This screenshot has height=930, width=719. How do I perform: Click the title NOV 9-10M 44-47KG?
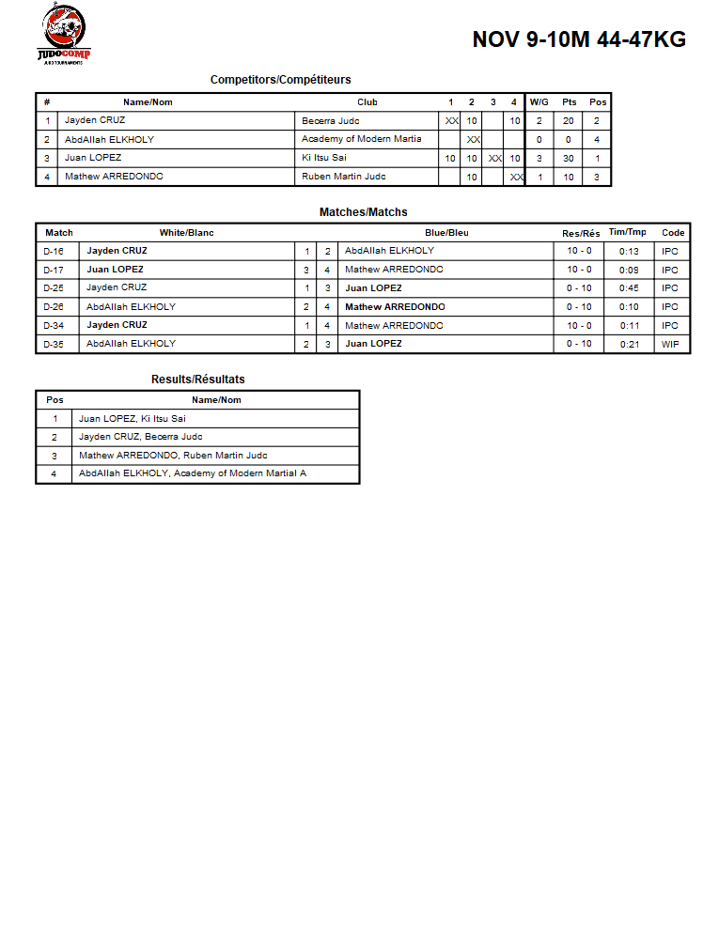pyautogui.click(x=578, y=39)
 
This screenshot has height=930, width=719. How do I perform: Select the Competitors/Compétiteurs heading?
pyautogui.click(x=280, y=80)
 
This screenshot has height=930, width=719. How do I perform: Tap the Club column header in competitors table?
pyautogui.click(x=367, y=102)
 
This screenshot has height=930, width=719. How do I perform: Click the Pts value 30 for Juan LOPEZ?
pyautogui.click(x=569, y=159)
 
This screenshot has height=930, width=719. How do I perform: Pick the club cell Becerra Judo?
pyautogui.click(x=331, y=121)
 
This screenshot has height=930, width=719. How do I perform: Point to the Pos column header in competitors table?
pyautogui.click(x=598, y=102)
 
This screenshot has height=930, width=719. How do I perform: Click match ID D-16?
pyautogui.click(x=54, y=252)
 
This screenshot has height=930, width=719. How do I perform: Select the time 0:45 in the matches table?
pyautogui.click(x=629, y=288)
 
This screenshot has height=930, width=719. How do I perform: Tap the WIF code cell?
pyautogui.click(x=670, y=344)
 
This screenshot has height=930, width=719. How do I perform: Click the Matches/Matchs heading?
pyautogui.click(x=363, y=212)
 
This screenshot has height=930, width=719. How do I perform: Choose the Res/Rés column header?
pyautogui.click(x=580, y=233)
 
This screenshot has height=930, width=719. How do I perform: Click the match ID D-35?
pyautogui.click(x=54, y=344)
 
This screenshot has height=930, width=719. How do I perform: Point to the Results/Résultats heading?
pyautogui.click(x=197, y=380)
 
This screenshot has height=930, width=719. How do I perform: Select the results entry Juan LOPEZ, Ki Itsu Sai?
pyautogui.click(x=132, y=419)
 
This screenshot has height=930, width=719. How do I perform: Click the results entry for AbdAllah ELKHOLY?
pyautogui.click(x=192, y=473)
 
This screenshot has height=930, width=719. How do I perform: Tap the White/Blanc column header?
pyautogui.click(x=186, y=233)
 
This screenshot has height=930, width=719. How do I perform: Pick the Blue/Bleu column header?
pyautogui.click(x=446, y=233)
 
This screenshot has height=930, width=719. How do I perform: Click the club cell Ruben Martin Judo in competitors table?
pyautogui.click(x=343, y=177)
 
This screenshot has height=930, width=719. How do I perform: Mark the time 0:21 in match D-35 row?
pyautogui.click(x=629, y=344)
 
